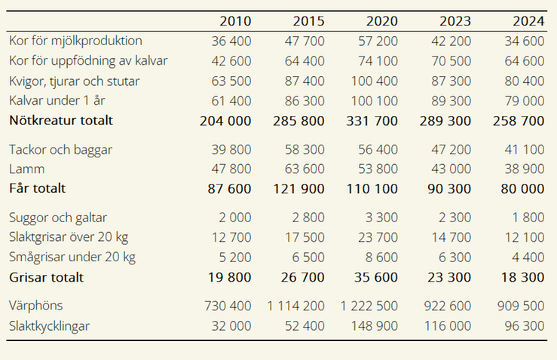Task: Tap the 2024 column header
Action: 528,20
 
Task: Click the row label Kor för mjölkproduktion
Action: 75,41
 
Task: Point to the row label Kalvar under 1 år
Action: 60,100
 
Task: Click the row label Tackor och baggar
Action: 60,150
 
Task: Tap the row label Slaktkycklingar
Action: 50,326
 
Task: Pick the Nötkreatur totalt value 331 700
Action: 372,120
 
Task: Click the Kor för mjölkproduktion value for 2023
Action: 449,41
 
